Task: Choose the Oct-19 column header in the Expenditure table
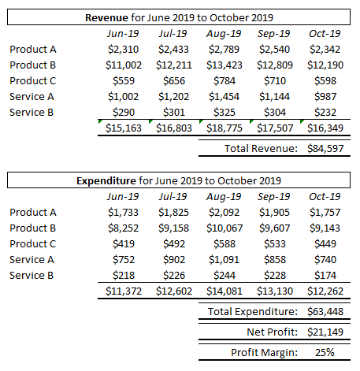324,196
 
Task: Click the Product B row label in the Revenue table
33,65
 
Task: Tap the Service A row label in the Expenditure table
33,259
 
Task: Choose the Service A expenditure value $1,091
224,259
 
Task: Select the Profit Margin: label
262,352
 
